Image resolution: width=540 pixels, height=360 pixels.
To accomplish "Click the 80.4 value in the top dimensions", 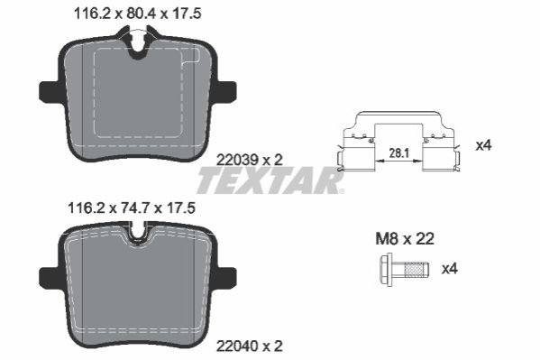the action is coord(142,14).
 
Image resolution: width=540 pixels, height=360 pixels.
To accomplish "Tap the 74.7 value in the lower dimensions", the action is coord(135,208).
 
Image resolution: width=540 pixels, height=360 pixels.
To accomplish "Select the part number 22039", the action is coord(237,160).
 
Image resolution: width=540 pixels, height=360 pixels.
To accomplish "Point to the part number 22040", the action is coord(237,346).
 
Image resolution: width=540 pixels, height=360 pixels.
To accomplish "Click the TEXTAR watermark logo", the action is coord(270,180).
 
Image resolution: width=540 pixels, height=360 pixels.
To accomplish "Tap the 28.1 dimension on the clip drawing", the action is coord(398,153).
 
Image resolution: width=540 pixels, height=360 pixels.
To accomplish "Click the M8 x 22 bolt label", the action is coord(405,238).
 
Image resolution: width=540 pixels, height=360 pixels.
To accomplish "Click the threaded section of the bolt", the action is coord(416,270).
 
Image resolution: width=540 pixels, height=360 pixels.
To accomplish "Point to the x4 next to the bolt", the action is coord(450,269).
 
